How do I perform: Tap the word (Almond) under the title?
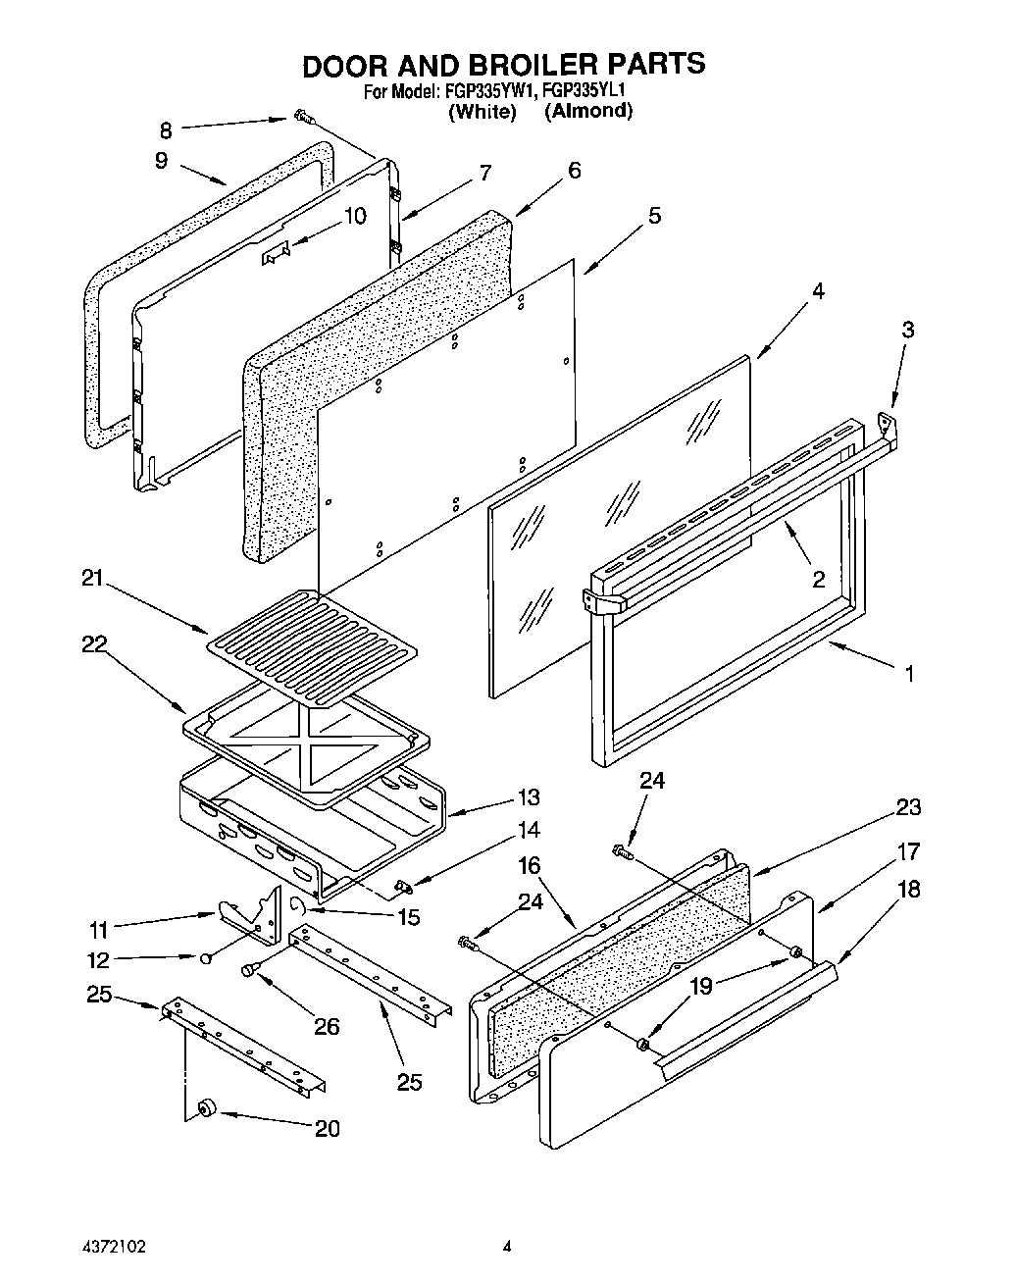[x=588, y=111]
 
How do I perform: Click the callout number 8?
[x=165, y=129]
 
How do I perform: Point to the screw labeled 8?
[x=302, y=120]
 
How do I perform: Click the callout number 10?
[x=355, y=215]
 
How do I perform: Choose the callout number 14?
[x=529, y=830]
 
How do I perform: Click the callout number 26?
[x=326, y=1026]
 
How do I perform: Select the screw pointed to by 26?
[x=249, y=970]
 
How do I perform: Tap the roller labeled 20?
[x=206, y=1108]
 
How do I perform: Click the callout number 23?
[x=908, y=807]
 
